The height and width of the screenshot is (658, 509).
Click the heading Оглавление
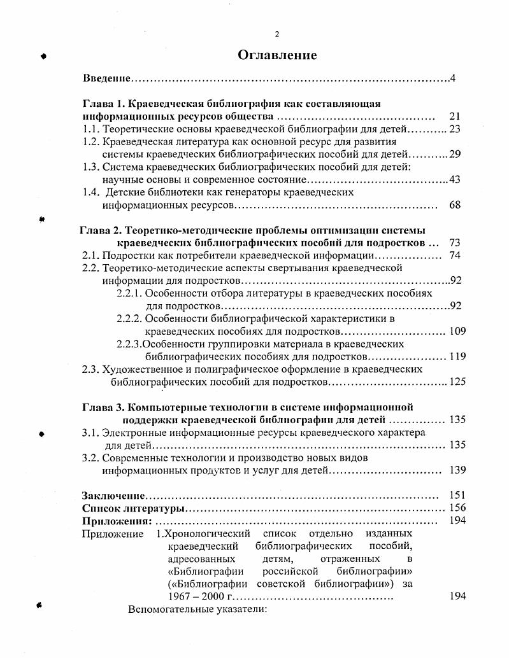point(277,55)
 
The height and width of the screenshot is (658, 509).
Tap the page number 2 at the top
point(276,34)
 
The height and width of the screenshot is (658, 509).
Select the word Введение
point(107,78)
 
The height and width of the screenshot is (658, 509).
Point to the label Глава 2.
point(101,230)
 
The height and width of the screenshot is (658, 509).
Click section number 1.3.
point(92,167)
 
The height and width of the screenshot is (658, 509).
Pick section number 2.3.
point(90,369)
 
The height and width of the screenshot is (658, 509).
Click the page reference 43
point(454,179)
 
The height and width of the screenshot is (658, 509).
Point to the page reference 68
point(454,205)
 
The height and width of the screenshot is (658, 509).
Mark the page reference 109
point(457,331)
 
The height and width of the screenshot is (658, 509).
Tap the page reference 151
point(457,495)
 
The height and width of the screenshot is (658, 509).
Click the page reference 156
point(457,508)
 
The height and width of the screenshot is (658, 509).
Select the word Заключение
point(112,495)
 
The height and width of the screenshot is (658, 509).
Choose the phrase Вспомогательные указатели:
point(196,609)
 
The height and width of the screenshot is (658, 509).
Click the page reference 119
point(457,356)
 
